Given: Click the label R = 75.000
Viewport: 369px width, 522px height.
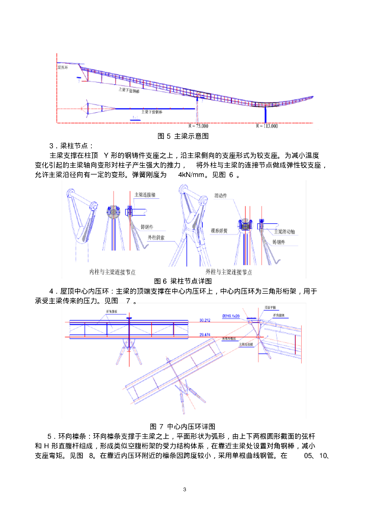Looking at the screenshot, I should pyautogui.click(x=198, y=125).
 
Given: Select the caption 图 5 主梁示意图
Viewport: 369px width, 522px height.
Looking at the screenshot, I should pyautogui.click(x=183, y=136).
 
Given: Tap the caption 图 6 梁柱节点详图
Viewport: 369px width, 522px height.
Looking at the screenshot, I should pyautogui.click(x=183, y=281).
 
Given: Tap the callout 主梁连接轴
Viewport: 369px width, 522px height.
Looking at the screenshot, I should pyautogui.click(x=145, y=194).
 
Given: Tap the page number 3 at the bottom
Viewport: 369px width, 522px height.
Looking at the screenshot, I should pyautogui.click(x=184, y=490).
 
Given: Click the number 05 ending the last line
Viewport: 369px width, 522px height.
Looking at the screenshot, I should pyautogui.click(x=310, y=455).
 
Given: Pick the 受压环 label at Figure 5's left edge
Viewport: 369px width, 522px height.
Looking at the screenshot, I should pyautogui.click(x=63, y=67).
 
